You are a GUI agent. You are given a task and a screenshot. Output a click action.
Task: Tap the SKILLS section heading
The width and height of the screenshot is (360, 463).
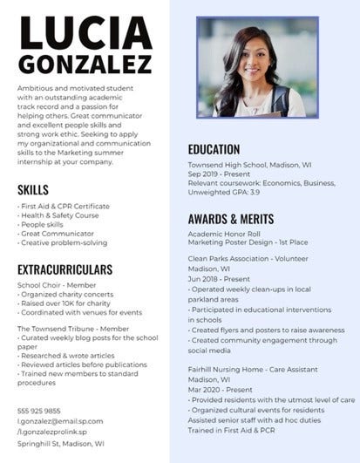tap(32, 189)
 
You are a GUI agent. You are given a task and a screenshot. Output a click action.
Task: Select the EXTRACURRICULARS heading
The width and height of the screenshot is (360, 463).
tap(65, 269)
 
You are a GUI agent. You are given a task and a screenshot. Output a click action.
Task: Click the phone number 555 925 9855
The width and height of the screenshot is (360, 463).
tap(39, 411)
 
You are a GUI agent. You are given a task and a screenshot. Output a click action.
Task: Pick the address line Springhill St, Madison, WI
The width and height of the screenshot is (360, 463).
tap(61, 443)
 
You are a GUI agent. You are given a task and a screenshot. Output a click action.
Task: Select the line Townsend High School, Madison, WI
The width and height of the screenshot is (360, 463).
tap(249, 164)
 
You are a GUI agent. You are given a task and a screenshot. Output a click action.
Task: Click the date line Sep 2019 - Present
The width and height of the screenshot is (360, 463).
tap(219, 173)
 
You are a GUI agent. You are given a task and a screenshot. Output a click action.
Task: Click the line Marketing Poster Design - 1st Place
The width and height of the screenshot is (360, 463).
tap(248, 244)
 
